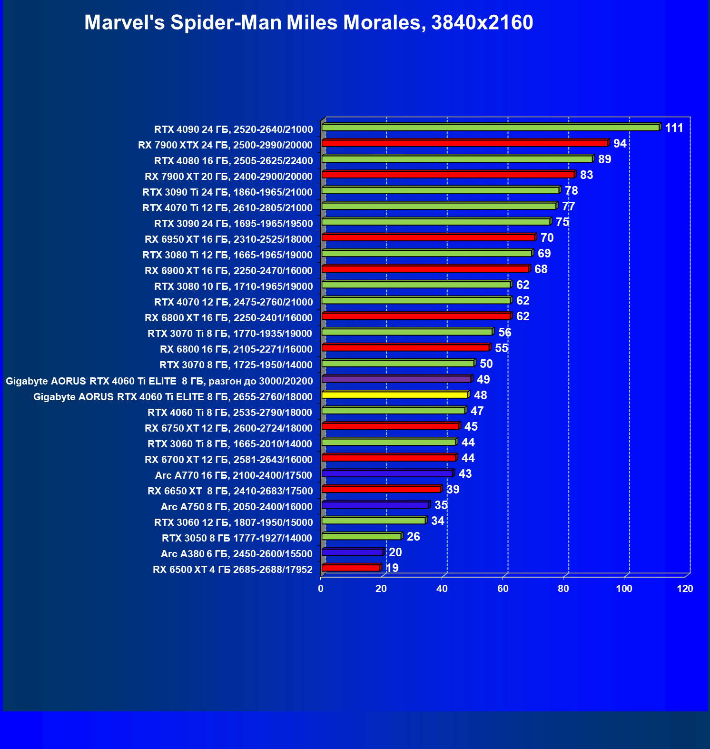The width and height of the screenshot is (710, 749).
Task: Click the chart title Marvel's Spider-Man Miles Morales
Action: coord(308,22)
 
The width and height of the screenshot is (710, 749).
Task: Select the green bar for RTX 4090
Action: coord(490,128)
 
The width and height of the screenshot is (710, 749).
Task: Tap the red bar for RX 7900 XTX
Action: coord(464,143)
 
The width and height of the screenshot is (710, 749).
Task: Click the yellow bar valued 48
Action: coord(395,394)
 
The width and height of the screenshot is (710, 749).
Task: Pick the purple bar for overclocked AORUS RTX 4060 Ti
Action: coord(396,379)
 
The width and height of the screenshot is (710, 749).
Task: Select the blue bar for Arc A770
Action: coord(387,473)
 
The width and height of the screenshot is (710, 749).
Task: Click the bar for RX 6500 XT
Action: coord(351,568)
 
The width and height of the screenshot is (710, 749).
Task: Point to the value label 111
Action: coord(674,128)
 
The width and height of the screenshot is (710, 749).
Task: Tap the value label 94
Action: coord(620,144)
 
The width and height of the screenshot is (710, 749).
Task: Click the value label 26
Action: coord(413,537)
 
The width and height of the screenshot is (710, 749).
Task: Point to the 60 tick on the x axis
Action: coord(503,589)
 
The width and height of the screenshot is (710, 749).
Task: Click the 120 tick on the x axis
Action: coord(685,589)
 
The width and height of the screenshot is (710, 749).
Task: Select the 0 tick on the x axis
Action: coord(321,589)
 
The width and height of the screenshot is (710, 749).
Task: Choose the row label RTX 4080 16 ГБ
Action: coord(233,161)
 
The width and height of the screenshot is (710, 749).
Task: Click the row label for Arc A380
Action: coord(237,554)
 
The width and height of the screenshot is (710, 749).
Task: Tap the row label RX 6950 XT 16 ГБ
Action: coord(228,239)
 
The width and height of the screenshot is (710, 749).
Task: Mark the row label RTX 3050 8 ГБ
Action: coord(237,538)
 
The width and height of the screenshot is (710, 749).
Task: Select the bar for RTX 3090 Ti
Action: coord(440,190)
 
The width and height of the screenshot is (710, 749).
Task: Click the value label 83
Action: coord(586,175)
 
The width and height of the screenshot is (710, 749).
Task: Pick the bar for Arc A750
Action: coord(375,505)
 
